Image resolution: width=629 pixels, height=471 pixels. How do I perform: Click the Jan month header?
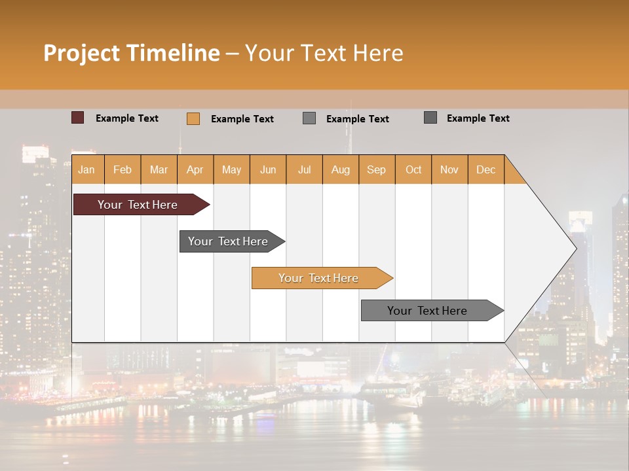pyautogui.click(x=86, y=169)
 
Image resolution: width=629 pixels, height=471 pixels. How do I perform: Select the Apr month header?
pyautogui.click(x=195, y=169)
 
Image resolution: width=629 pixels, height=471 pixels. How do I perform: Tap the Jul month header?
pyautogui.click(x=304, y=169)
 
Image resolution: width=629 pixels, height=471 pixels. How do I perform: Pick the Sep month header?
pyautogui.click(x=376, y=169)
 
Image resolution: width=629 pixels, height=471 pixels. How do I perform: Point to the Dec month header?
pyautogui.click(x=486, y=169)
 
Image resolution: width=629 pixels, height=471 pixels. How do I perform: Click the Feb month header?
pyautogui.click(x=123, y=169)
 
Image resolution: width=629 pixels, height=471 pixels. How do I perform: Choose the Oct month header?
pyautogui.click(x=413, y=169)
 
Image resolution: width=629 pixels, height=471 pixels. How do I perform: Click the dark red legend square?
pyautogui.click(x=77, y=118)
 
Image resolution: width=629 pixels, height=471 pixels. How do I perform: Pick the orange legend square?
pyautogui.click(x=193, y=118)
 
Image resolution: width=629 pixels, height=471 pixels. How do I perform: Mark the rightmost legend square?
pyautogui.click(x=430, y=118)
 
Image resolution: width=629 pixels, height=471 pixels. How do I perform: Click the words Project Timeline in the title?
pyautogui.click(x=131, y=53)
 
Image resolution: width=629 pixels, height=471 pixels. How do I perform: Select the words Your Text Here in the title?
pyautogui.click(x=324, y=53)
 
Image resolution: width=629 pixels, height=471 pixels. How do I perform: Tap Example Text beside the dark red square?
pyautogui.click(x=127, y=118)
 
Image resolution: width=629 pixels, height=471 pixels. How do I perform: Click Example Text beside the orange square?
pyautogui.click(x=242, y=119)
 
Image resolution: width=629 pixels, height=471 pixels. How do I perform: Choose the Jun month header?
pyautogui.click(x=268, y=169)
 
